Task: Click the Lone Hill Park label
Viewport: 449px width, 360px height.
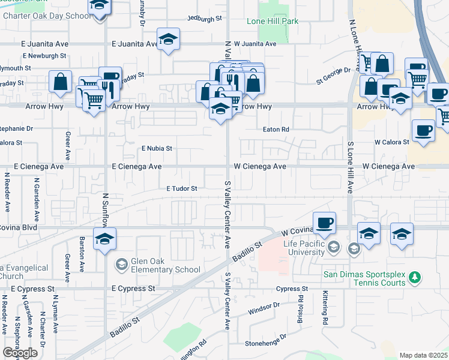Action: pyautogui.click(x=272, y=21)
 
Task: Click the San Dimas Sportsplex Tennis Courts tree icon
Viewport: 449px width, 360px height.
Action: pyautogui.click(x=413, y=278)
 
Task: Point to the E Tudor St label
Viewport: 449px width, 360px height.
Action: pyautogui.click(x=182, y=188)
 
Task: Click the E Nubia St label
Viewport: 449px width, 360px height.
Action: pyautogui.click(x=157, y=148)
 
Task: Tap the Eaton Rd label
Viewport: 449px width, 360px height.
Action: pyautogui.click(x=276, y=129)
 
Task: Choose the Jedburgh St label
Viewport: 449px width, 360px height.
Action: pyautogui.click(x=205, y=19)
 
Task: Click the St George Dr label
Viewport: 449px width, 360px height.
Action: pyautogui.click(x=333, y=70)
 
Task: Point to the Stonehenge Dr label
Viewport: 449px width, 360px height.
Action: pyautogui.click(x=267, y=344)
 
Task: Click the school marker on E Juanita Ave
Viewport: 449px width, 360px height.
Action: pyautogui.click(x=169, y=40)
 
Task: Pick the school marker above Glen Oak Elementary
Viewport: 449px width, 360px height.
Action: pyautogui.click(x=105, y=239)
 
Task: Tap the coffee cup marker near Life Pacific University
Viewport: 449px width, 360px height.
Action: pyautogui.click(x=324, y=223)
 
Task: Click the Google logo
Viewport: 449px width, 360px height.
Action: pyautogui.click(x=20, y=353)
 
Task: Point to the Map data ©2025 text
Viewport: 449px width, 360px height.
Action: pyautogui.click(x=424, y=355)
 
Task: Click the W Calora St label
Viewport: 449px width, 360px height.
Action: pyautogui.click(x=392, y=142)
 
